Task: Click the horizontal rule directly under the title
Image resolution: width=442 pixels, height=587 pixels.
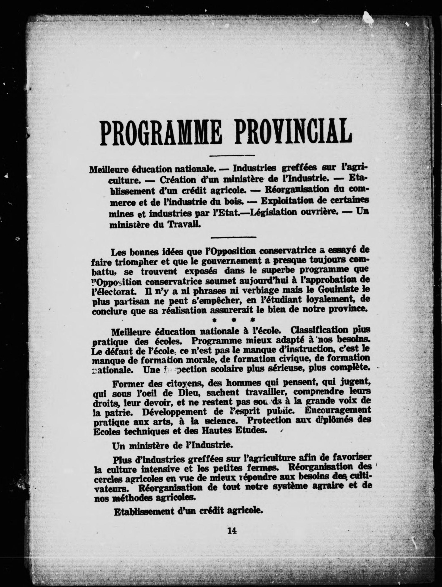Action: click(x=232, y=155)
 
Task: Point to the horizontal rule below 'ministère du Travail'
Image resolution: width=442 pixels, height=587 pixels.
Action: click(x=233, y=237)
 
